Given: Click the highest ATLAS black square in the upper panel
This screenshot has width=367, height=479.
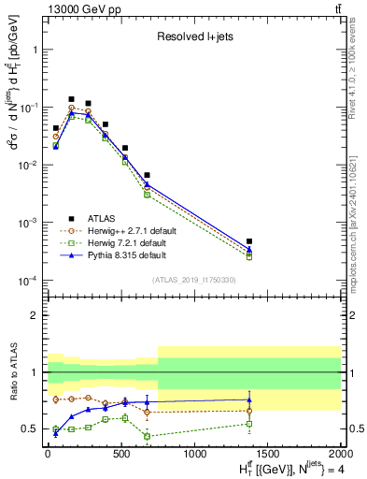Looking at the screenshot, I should pyautogui.click(x=71, y=99).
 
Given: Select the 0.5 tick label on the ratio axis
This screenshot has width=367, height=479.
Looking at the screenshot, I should pyautogui.click(x=31, y=429).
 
